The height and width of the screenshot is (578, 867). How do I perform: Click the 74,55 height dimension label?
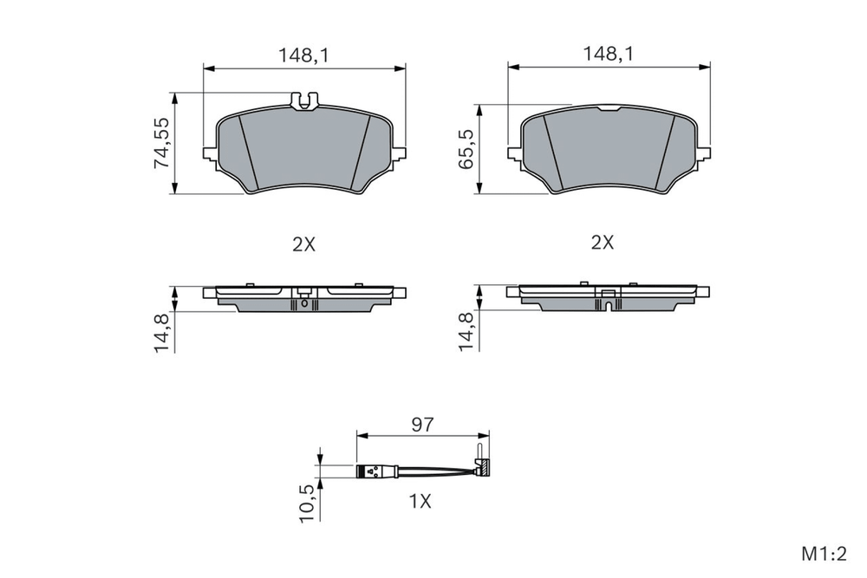click(x=161, y=143)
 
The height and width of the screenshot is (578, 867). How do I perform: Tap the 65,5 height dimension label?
click(x=466, y=149)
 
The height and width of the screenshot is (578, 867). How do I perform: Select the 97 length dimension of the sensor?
click(x=422, y=425)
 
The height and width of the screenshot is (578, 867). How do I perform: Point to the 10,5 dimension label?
click(x=306, y=503)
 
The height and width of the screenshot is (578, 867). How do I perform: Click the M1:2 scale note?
click(x=824, y=554)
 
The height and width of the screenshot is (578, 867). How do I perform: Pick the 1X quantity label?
click(x=420, y=501)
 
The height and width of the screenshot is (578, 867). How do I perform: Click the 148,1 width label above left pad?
click(x=303, y=55)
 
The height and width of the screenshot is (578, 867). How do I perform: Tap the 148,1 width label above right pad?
click(x=609, y=54)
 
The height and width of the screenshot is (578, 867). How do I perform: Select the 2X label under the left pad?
click(x=303, y=244)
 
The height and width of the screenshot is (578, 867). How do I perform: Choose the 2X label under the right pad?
click(x=603, y=242)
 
